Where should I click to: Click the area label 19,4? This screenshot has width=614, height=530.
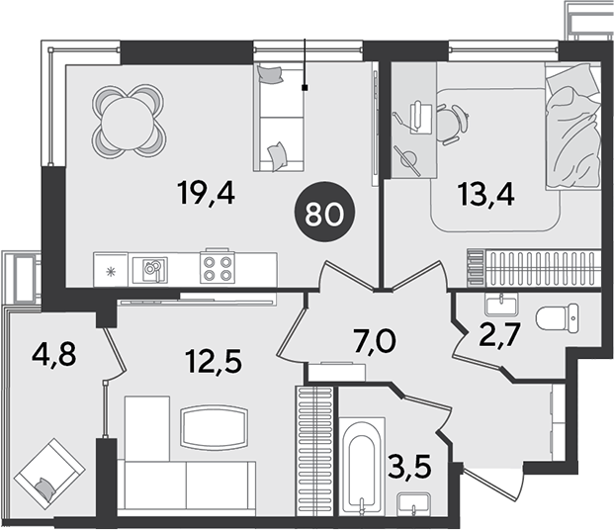tap(206, 193)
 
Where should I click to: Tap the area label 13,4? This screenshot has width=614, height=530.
tap(485, 194)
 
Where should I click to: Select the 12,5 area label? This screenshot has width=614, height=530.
tap(215, 361)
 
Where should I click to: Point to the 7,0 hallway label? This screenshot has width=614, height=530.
tap(369, 341)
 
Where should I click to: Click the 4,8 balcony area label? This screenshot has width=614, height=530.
tap(54, 355)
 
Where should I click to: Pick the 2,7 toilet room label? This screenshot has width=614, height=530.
tap(499, 335)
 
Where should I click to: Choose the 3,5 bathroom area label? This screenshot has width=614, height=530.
tap(410, 467)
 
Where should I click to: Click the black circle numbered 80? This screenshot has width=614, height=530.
tap(324, 212)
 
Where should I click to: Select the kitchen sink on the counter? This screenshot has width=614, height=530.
tap(150, 270)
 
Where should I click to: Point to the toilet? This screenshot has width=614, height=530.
tap(557, 318)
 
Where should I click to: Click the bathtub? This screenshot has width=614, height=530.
tap(362, 466)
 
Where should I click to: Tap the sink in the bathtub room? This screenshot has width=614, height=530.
tap(414, 504)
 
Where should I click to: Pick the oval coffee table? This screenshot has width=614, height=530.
tap(214, 427)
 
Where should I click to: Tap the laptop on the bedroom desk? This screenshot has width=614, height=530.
tap(420, 117)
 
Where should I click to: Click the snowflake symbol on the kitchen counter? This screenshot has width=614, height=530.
tap(112, 271)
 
